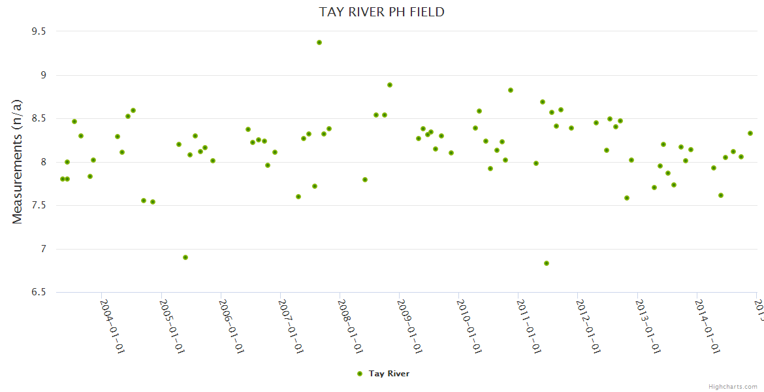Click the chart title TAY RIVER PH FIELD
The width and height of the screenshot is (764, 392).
[x=381, y=12]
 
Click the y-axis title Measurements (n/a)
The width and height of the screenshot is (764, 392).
[x=18, y=161]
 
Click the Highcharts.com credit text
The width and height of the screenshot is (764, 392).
[x=733, y=386]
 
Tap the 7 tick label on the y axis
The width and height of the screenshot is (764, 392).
[x=42, y=249]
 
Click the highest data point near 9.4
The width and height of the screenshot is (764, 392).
[x=319, y=42]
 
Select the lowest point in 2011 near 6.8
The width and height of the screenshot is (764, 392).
[x=547, y=263]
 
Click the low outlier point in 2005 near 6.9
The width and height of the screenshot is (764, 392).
[x=185, y=257]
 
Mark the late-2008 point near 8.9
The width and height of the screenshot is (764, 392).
[x=390, y=85]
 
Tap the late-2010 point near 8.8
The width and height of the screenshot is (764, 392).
[x=511, y=90]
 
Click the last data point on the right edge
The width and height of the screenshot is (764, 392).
[x=750, y=133]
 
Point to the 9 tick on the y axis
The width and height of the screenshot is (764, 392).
[x=42, y=75]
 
